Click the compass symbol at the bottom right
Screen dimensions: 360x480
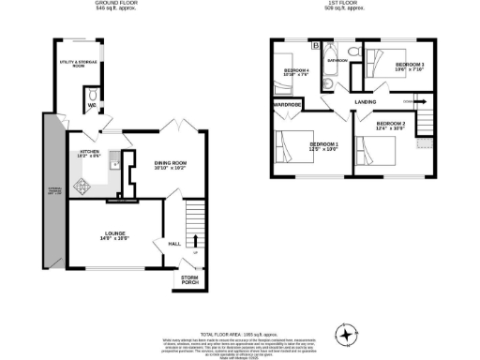pyautogui.click(x=349, y=333)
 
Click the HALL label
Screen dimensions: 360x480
pyautogui.click(x=173, y=244)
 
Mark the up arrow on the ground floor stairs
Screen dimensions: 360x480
pyautogui.click(x=195, y=248)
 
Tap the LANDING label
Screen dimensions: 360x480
pyautogui.click(x=367, y=102)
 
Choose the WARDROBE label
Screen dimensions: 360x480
pyautogui.click(x=286, y=104)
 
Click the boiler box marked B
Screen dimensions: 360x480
pyautogui.click(x=316, y=45)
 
